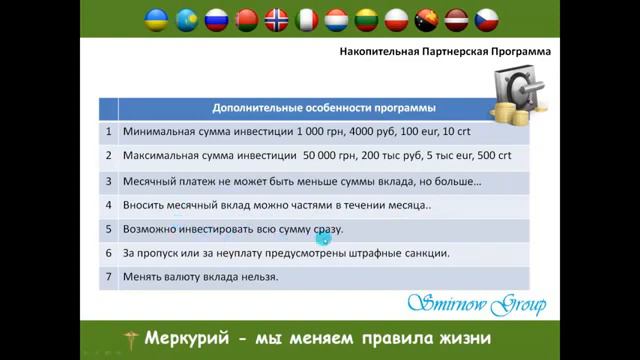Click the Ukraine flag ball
(x=155, y=19)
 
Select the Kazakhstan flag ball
(x=186, y=19)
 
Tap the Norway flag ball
(x=277, y=19)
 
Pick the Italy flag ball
(x=308, y=19)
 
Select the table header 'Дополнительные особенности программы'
(x=323, y=107)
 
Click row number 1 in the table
(x=107, y=131)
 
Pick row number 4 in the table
(x=107, y=205)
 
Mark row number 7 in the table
(x=107, y=277)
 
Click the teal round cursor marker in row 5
(x=322, y=237)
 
